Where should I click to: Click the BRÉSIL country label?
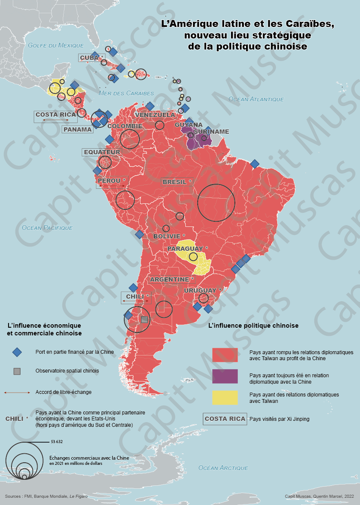click(174, 182)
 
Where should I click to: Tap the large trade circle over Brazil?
click(216, 203)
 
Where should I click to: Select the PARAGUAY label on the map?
click(185, 249)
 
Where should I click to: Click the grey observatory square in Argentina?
click(144, 319)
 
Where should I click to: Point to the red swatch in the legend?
click(225, 355)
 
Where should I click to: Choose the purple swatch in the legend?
click(225, 376)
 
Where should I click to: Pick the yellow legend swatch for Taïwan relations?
click(225, 397)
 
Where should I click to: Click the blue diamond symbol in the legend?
click(17, 352)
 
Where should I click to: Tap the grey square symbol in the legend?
click(17, 371)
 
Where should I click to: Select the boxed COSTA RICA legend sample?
click(225, 419)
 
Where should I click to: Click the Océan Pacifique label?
click(47, 228)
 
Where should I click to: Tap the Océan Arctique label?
click(223, 468)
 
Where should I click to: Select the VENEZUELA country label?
click(155, 115)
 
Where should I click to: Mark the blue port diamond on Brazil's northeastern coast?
click(255, 164)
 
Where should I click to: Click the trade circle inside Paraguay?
click(193, 256)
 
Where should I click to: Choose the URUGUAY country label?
click(200, 291)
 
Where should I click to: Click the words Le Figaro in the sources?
click(79, 496)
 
